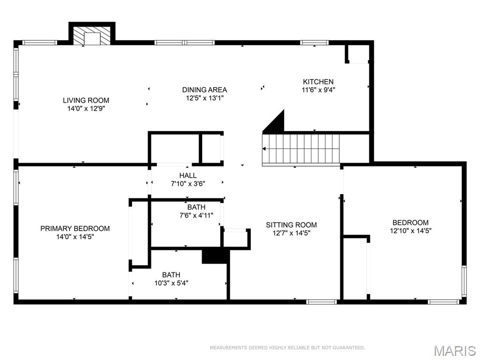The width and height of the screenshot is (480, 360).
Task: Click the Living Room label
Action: (86, 100)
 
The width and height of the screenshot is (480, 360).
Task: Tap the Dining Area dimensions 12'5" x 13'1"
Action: (204, 98)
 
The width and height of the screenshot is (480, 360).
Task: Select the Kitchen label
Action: (318, 82)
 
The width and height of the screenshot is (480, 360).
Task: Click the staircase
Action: (301, 149)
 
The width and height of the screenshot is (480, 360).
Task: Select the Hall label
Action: (187, 175)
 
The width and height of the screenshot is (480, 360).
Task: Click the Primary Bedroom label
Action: (75, 228)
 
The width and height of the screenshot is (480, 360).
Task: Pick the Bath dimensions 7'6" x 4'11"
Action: (196, 216)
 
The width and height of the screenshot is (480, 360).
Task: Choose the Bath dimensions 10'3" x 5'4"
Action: (171, 283)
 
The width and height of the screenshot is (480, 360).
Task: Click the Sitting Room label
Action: (291, 225)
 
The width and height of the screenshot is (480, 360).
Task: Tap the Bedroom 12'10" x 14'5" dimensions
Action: (410, 231)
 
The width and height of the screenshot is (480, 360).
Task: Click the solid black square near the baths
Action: (214, 256)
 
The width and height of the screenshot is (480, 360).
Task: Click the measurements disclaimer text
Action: (287, 347)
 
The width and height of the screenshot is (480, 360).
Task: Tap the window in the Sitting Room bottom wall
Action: (322, 302)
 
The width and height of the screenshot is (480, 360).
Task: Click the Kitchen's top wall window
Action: (315, 43)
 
